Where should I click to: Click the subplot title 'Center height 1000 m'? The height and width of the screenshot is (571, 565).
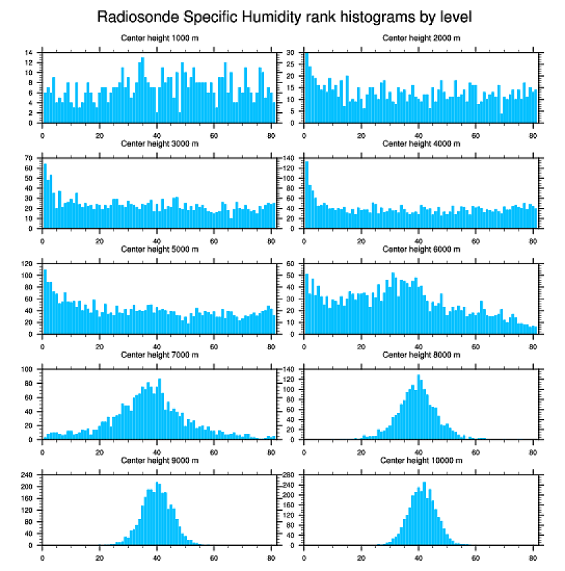160,38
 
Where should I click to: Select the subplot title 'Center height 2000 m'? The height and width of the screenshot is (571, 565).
421,38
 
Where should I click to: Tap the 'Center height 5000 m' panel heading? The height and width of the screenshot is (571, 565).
160,249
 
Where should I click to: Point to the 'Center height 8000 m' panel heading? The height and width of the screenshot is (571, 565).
421,355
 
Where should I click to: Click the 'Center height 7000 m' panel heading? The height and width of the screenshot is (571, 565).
160,355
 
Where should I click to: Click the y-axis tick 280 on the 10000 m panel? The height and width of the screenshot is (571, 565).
289,475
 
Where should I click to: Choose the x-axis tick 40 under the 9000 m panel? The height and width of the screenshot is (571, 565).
157,556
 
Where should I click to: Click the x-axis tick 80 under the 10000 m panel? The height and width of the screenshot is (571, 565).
532,556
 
